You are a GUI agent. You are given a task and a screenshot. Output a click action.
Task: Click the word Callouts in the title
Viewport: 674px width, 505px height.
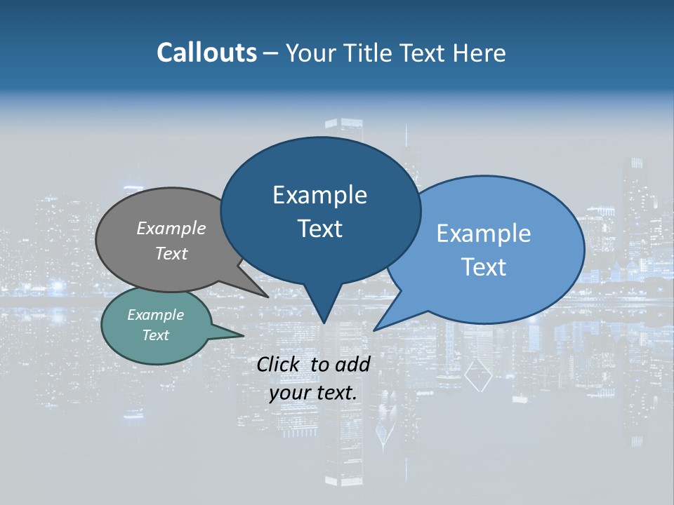(x=206, y=53)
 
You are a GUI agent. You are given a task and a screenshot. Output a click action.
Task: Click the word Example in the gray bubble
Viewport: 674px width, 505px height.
(x=171, y=228)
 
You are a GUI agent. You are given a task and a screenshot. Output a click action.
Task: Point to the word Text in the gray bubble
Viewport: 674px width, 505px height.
(x=171, y=253)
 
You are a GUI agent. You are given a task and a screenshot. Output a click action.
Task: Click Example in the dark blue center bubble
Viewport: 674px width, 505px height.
(x=319, y=195)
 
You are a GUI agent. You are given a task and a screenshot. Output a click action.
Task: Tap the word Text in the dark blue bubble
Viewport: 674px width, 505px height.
(x=319, y=229)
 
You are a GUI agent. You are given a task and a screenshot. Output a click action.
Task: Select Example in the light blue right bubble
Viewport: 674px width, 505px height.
(x=484, y=233)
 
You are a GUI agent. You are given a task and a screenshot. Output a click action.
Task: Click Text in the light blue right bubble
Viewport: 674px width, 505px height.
(x=484, y=267)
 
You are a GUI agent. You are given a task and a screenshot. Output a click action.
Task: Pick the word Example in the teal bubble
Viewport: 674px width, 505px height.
(x=156, y=315)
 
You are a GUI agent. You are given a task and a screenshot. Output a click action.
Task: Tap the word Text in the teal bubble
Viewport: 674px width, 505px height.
(x=156, y=335)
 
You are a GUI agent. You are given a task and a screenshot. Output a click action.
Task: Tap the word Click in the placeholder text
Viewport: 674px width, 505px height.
(x=279, y=364)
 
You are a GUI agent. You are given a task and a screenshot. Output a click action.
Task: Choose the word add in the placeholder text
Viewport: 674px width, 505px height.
(x=352, y=364)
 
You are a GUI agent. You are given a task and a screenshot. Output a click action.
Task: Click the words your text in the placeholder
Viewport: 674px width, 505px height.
(x=313, y=393)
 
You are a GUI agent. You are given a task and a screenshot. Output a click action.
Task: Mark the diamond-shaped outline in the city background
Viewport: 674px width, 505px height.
(x=478, y=376)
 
